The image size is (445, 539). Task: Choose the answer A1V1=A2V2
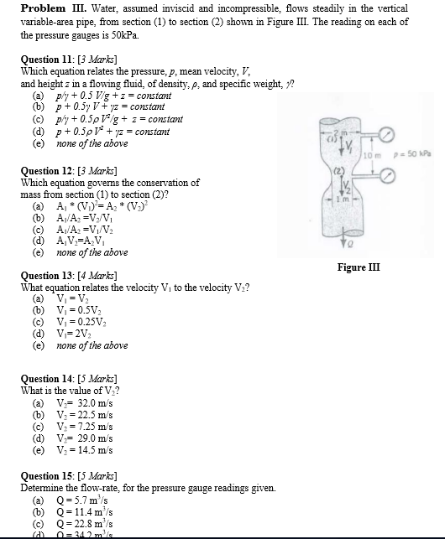coord(84,240)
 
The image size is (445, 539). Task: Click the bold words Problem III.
coord(48,8)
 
